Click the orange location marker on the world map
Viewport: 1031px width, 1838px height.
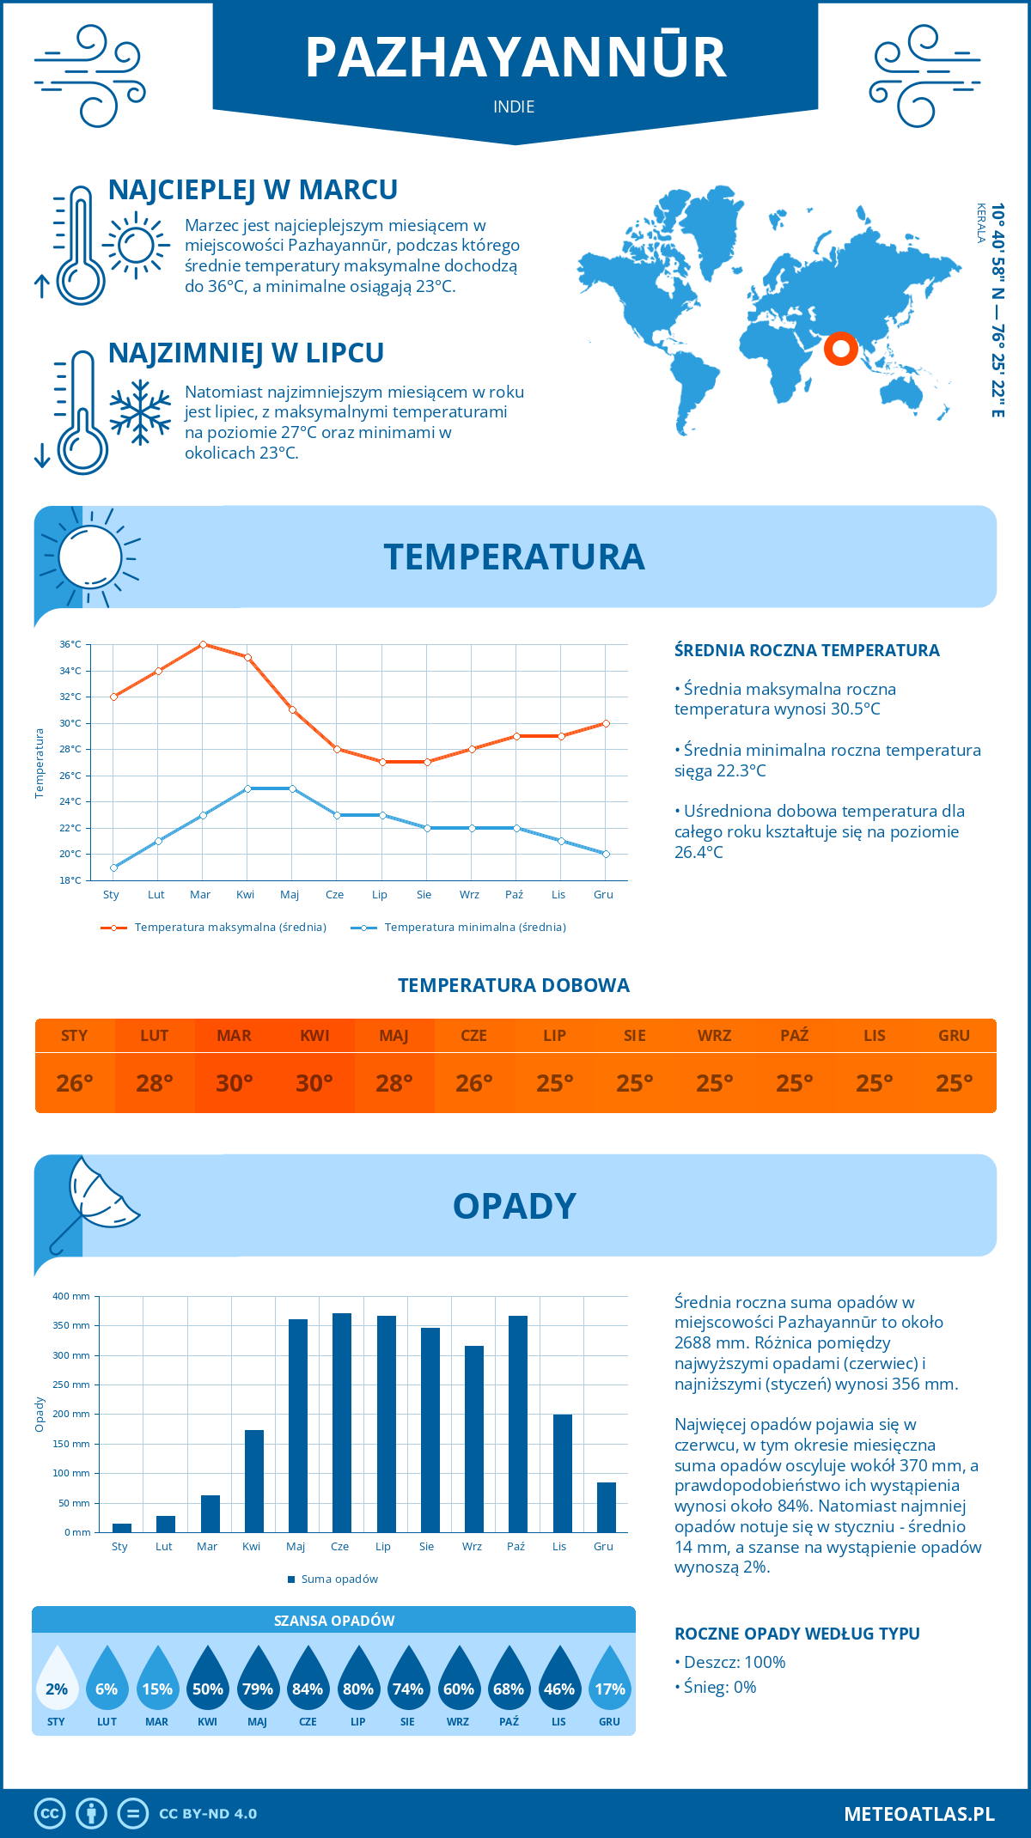tap(840, 348)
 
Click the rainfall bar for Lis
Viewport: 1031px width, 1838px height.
tap(562, 1473)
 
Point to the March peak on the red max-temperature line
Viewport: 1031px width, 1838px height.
tap(203, 644)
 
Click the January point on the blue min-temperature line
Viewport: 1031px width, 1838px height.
tap(113, 867)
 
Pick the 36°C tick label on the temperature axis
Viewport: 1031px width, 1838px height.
tap(70, 644)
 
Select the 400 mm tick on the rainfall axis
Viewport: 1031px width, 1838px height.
tap(72, 1296)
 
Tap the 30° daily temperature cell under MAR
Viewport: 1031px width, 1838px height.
tap(235, 1083)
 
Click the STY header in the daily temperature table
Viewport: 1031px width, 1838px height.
tap(75, 1036)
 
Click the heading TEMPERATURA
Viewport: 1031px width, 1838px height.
tap(514, 557)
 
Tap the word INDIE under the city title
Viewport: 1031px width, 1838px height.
tap(514, 107)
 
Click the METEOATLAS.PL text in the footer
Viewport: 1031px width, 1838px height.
tap(918, 1814)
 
